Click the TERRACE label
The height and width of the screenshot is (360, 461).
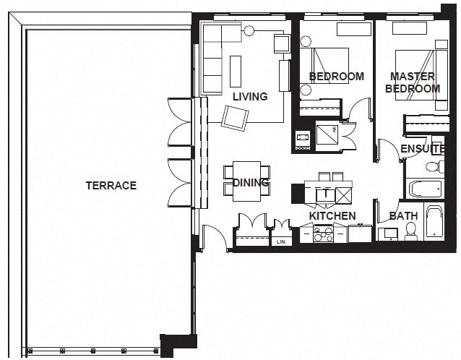(x=111, y=186)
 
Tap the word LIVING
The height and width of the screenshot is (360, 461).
(x=250, y=96)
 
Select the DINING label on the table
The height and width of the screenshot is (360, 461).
(x=251, y=183)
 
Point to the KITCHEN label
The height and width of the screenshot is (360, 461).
(x=332, y=216)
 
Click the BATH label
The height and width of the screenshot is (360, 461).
(x=403, y=216)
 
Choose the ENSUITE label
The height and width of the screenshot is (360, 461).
(x=423, y=149)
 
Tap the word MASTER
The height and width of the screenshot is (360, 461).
(x=412, y=76)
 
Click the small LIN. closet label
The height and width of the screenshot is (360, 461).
(x=282, y=242)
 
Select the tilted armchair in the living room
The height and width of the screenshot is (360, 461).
(x=236, y=116)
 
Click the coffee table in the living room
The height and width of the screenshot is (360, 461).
(x=236, y=69)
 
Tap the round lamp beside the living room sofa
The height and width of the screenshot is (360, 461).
(x=250, y=30)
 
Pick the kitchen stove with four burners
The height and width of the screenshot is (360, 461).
(x=322, y=233)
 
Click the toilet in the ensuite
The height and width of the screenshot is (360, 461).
(x=432, y=168)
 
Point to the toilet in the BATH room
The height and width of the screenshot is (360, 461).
(x=411, y=231)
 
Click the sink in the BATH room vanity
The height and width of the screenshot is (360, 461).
(x=389, y=233)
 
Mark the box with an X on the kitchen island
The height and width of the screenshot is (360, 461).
(x=345, y=194)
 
